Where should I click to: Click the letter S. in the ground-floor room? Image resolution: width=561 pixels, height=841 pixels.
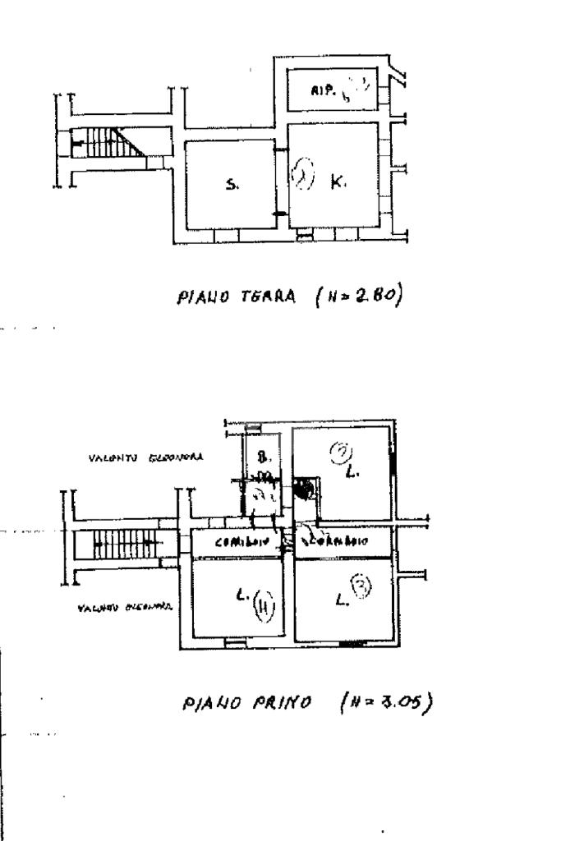click(x=232, y=186)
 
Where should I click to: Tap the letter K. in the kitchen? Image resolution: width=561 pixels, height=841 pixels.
click(x=338, y=184)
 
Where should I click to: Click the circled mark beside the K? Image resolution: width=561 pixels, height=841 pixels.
click(x=304, y=175)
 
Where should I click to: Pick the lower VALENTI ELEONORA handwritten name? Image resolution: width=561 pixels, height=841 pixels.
click(x=125, y=609)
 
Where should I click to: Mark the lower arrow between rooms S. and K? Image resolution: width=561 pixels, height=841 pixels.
click(x=279, y=214)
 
